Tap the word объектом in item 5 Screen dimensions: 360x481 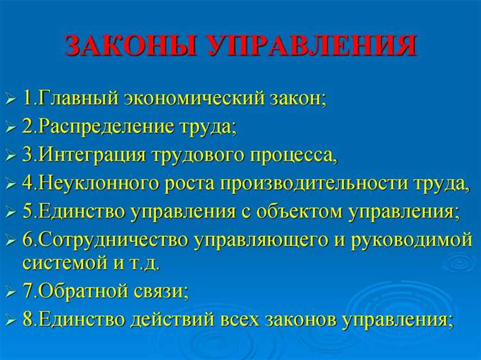coord(302,210)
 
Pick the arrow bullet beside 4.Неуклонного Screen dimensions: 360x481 coord(10,185)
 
